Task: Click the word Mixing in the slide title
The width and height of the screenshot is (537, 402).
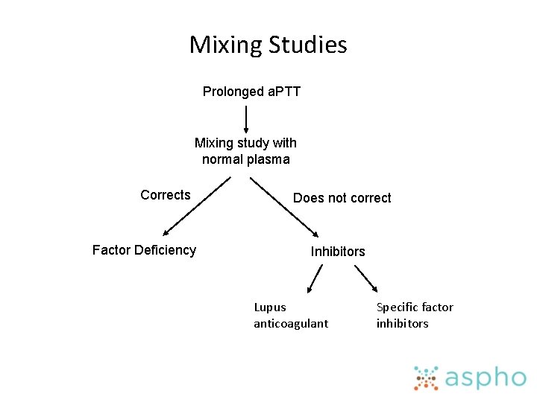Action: (222, 45)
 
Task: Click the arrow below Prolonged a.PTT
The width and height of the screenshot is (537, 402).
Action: (246, 118)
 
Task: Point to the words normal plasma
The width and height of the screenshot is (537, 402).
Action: (245, 159)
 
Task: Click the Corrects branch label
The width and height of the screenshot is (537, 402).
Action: (166, 195)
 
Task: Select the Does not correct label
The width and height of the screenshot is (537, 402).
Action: (342, 198)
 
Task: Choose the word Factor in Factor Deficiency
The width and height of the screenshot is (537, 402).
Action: (110, 250)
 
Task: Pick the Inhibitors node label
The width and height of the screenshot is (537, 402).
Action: (338, 252)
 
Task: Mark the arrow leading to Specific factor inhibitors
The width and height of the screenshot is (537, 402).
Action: (365, 279)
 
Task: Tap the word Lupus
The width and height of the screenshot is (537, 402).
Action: (270, 307)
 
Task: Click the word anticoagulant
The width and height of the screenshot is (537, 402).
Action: (291, 324)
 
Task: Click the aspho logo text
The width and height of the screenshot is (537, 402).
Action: (485, 378)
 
